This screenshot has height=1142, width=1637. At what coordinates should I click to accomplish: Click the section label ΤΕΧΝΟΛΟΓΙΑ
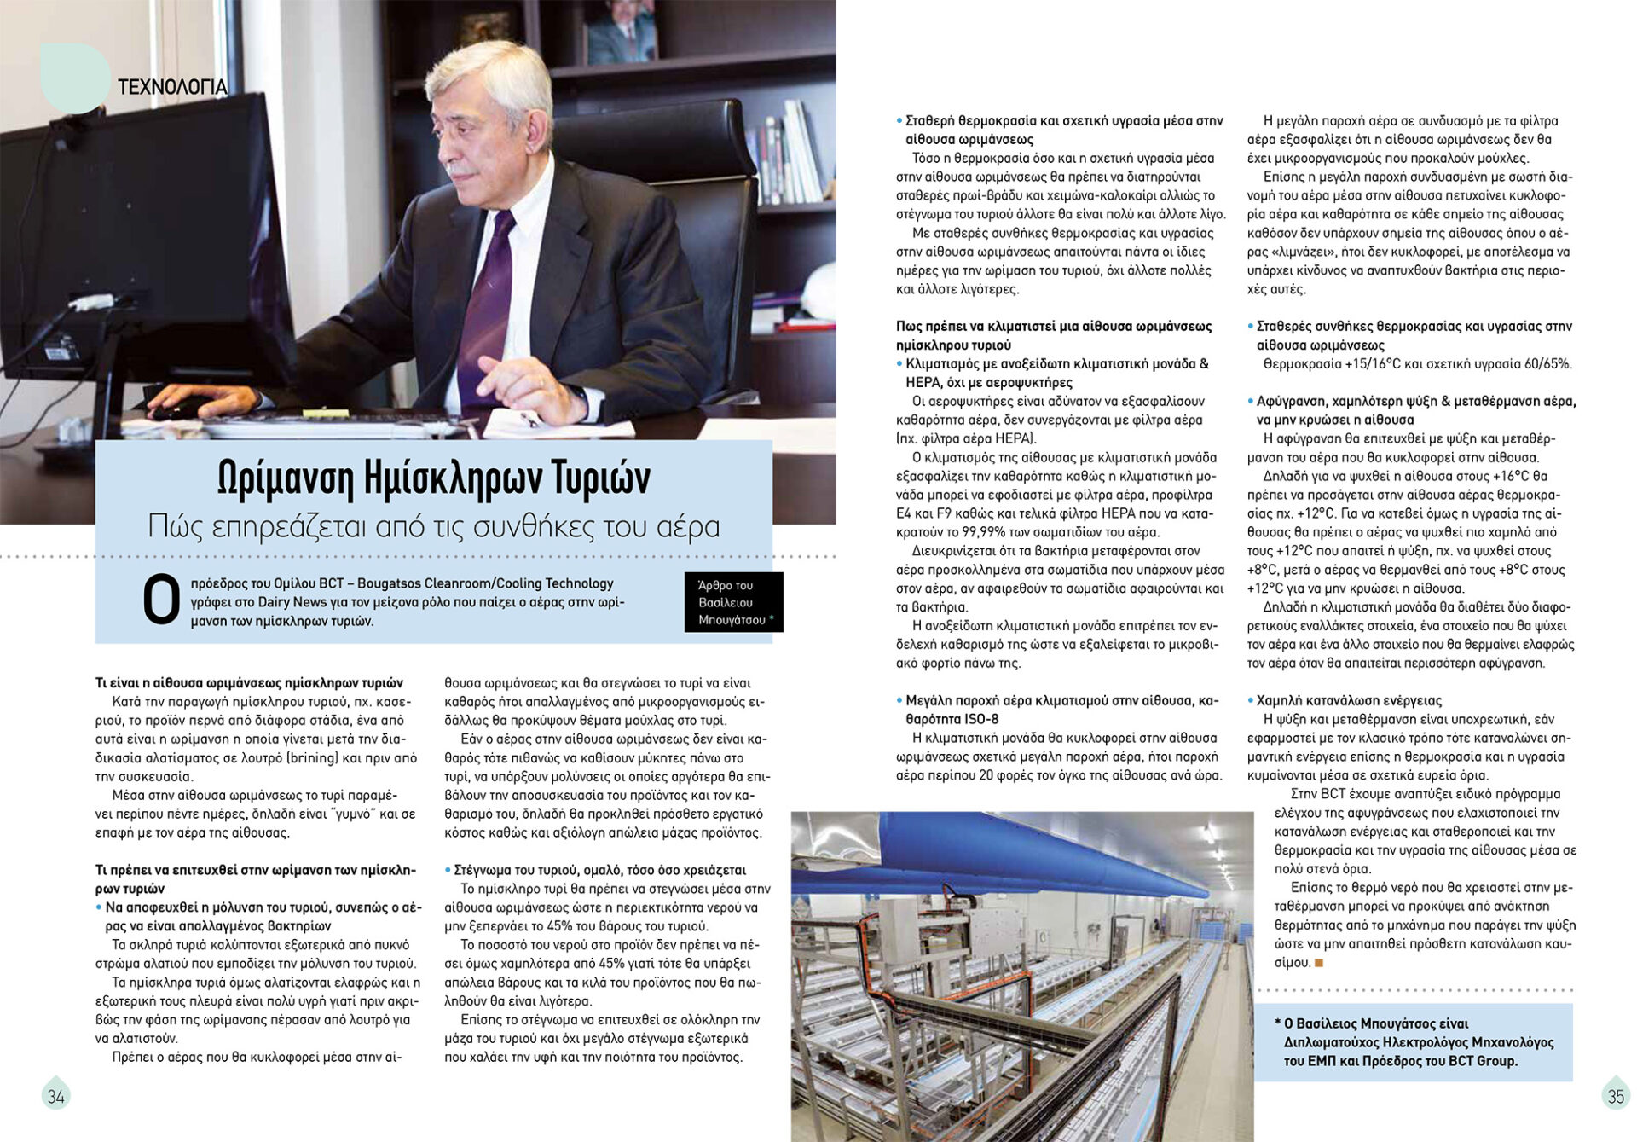pos(172,87)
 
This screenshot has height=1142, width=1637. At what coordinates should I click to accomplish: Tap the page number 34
pos(56,1097)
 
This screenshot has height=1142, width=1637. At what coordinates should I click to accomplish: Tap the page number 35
pos(1616,1097)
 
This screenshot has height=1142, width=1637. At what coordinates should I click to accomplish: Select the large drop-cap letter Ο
pos(161,600)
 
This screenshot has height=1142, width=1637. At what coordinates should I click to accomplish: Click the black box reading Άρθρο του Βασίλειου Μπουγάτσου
pos(733,602)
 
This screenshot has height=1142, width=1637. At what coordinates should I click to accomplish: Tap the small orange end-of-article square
pos(1319,963)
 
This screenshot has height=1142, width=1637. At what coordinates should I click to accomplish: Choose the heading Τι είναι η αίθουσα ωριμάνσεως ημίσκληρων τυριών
pos(249,683)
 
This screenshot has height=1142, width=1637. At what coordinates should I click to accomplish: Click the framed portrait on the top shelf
pos(622,32)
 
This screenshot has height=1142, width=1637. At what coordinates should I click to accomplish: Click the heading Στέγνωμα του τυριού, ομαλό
pos(599,870)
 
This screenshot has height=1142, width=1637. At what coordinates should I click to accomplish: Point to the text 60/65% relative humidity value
pos(1547,364)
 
